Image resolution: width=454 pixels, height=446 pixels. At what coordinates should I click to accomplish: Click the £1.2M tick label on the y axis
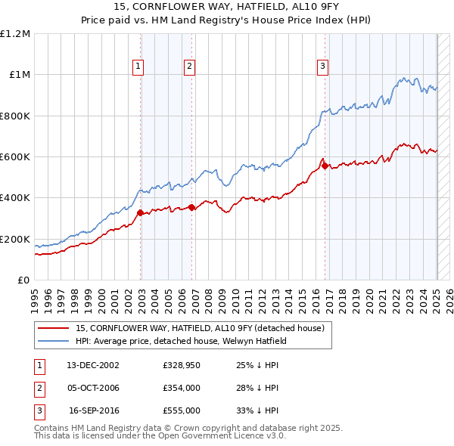pyautogui.click(x=14, y=34)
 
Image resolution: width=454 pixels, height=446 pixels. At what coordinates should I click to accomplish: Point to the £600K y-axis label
pyautogui.click(x=15, y=157)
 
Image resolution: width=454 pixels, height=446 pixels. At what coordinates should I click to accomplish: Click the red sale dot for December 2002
pyautogui.click(x=141, y=213)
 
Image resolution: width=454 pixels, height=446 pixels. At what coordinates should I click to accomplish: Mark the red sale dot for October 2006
pyautogui.click(x=191, y=207)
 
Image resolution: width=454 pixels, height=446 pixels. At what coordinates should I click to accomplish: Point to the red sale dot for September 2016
pyautogui.click(x=325, y=166)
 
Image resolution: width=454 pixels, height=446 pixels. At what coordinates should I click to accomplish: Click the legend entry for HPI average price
pyautogui.click(x=179, y=341)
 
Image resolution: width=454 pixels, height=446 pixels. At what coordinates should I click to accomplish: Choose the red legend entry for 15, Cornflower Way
pyautogui.click(x=200, y=328)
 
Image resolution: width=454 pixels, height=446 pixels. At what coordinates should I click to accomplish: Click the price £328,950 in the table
pyautogui.click(x=181, y=365)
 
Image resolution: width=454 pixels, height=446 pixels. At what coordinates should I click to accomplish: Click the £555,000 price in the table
pyautogui.click(x=181, y=410)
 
